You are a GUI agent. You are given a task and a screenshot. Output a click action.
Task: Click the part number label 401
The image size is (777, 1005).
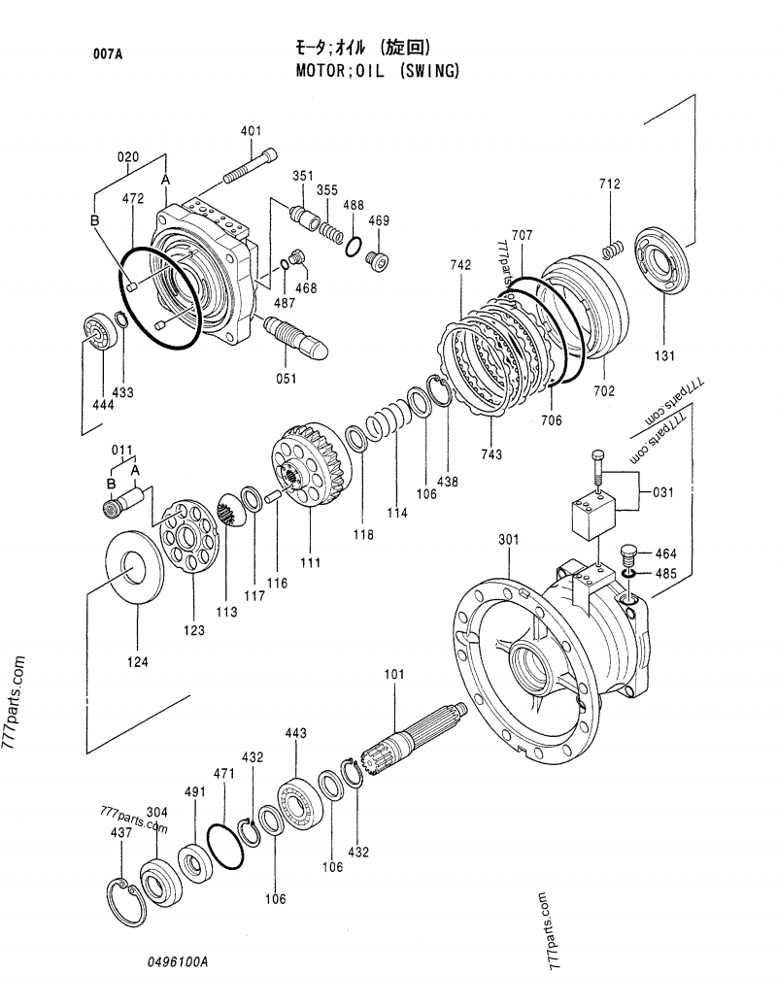click(251, 131)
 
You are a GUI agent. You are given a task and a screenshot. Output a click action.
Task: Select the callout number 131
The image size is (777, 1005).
click(664, 355)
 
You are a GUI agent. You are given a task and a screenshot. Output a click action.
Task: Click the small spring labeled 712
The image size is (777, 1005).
click(612, 249)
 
